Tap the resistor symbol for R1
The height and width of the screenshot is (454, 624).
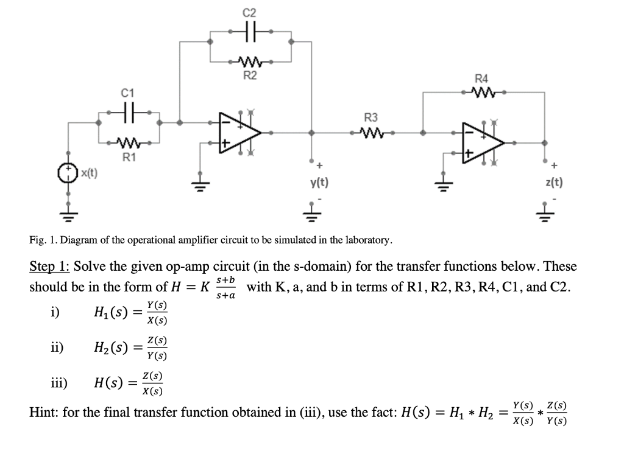[128, 144]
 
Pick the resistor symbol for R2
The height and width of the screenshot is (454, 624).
[250, 61]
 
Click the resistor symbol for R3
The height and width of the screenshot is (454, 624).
[371, 131]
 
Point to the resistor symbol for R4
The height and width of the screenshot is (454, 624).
[481, 93]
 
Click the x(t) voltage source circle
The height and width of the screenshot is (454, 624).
[68, 173]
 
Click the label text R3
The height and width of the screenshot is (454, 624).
[371, 117]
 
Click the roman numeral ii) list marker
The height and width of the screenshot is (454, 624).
[57, 348]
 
